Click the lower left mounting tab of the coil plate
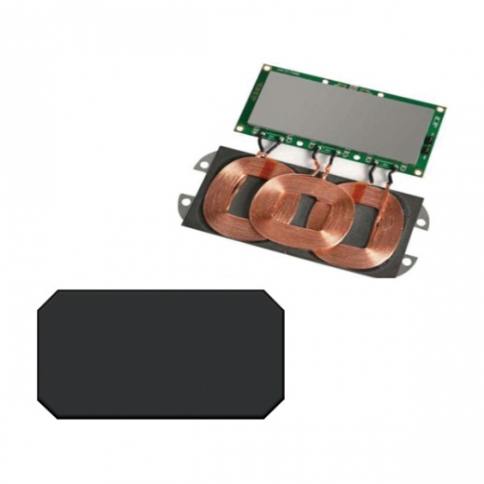[184, 200]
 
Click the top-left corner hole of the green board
[266, 70]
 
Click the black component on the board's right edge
[431, 145]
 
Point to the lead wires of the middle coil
[321, 160]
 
